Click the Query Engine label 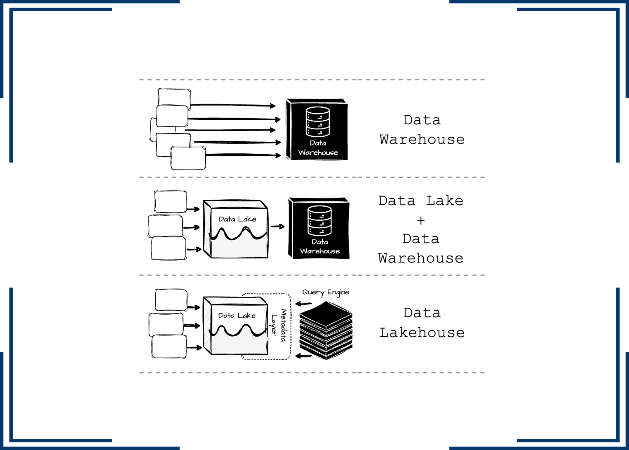coord(326,292)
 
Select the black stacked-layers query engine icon coord(326,331)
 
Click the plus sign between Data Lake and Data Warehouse coord(421,220)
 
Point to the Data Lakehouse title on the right coord(422,323)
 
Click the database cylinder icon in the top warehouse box coord(318,122)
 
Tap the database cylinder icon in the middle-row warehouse coord(319,221)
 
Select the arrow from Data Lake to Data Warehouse coord(278,226)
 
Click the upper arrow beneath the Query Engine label coord(303,304)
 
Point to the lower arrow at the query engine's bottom coord(303,356)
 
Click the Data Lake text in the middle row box coord(237,219)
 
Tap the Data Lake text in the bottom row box coord(237,316)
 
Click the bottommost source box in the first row coord(188,158)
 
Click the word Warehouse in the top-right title coord(422,140)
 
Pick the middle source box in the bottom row coord(166,324)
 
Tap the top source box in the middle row coord(171,202)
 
